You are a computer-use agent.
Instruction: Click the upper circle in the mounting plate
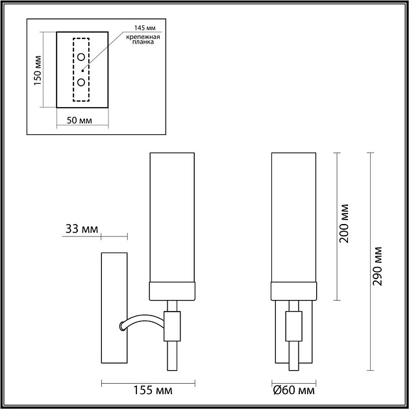click(x=81, y=57)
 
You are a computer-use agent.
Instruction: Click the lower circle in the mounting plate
click(x=81, y=82)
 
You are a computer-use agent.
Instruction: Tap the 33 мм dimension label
click(x=82, y=229)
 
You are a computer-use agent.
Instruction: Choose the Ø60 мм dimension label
click(x=294, y=391)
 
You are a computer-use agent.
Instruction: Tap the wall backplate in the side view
click(x=114, y=308)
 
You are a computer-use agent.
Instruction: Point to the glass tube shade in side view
click(x=173, y=217)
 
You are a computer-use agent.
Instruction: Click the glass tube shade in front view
click(x=294, y=217)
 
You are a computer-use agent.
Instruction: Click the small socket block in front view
click(x=294, y=325)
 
